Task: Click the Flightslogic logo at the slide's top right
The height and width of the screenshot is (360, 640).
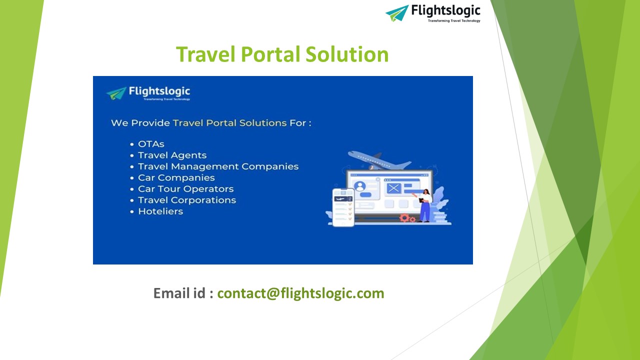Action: click(x=433, y=12)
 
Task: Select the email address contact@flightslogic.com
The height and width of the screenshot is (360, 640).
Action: click(x=300, y=293)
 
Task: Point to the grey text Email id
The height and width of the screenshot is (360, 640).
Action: click(x=183, y=293)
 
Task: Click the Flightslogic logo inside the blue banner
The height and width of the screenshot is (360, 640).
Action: click(x=148, y=93)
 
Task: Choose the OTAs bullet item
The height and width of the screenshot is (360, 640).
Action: click(x=151, y=144)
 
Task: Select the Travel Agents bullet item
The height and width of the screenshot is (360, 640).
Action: click(x=172, y=155)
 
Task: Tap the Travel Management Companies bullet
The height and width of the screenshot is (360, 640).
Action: click(x=218, y=166)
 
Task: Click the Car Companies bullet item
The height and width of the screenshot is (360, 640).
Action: click(x=176, y=177)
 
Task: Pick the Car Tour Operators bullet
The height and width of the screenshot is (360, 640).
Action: click(x=185, y=189)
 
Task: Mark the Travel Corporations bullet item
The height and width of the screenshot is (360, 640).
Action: click(x=186, y=200)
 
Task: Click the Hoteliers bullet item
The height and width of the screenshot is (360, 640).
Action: click(x=160, y=211)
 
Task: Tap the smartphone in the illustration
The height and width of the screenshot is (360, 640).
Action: click(x=343, y=207)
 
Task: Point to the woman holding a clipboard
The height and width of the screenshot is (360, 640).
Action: click(x=425, y=204)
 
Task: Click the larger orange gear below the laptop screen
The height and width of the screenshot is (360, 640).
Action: click(x=404, y=217)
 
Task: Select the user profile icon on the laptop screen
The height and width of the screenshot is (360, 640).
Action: click(x=359, y=186)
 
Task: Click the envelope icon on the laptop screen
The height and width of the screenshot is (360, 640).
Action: click(x=393, y=188)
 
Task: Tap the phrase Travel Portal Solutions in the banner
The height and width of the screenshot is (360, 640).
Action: click(x=229, y=122)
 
